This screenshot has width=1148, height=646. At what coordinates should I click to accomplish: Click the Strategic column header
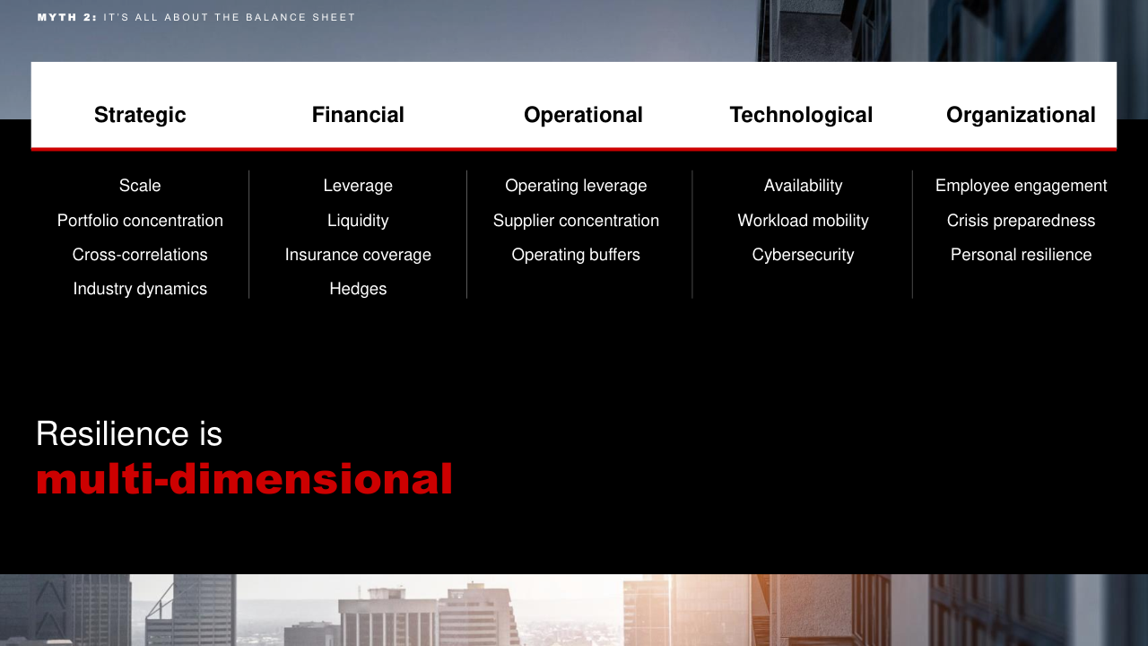tap(140, 115)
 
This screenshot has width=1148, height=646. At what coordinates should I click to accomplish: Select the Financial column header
tap(358, 115)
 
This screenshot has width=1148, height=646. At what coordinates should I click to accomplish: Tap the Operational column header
tap(583, 115)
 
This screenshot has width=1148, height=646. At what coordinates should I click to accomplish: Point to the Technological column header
tap(801, 115)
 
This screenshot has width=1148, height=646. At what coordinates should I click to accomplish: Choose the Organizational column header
tap(1021, 115)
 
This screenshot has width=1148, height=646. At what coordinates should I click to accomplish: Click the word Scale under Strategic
tap(140, 185)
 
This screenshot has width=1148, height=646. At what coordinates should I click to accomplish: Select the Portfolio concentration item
tap(140, 221)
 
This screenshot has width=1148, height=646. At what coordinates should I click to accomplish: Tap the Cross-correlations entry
tap(140, 254)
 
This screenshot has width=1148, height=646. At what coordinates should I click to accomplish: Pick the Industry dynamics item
tap(140, 289)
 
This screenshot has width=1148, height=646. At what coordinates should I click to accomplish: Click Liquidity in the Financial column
tap(358, 221)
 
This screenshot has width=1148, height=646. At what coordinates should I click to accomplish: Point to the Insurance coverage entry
tap(358, 255)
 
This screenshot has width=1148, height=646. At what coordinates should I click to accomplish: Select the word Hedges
tap(358, 289)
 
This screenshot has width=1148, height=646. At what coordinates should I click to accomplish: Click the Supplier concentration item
tap(576, 221)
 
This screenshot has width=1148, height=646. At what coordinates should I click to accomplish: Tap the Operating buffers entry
tap(576, 255)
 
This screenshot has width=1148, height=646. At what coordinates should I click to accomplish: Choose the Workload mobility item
tap(803, 221)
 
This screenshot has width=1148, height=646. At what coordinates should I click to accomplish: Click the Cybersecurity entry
tap(803, 255)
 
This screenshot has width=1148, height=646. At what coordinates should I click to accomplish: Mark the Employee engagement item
tap(1021, 186)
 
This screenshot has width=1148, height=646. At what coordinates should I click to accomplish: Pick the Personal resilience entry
tap(1021, 255)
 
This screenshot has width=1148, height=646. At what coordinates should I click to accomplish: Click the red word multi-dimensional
tap(244, 479)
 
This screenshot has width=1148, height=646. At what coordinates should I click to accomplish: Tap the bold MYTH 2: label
tap(67, 17)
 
